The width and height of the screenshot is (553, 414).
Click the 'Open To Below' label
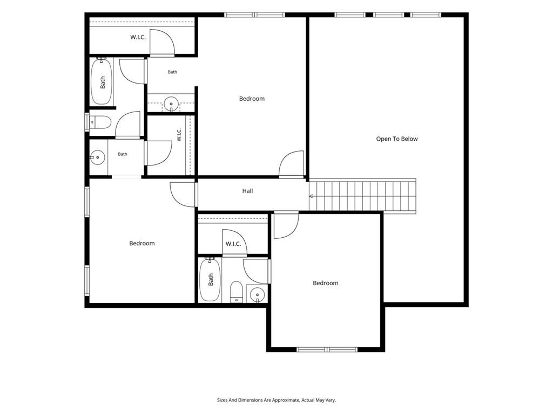tap(397, 139)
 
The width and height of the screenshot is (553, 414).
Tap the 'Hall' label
tap(247, 191)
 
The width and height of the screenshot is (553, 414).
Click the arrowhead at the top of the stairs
tap(311, 196)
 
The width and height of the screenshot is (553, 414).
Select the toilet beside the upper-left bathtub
tap(100, 122)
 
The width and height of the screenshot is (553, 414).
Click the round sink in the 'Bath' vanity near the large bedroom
tap(171, 104)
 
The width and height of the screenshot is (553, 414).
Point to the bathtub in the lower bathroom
tap(210, 280)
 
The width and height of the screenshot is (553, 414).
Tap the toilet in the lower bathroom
tap(237, 292)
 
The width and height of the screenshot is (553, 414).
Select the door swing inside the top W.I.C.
tap(162, 42)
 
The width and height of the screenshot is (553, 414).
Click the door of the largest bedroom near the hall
tap(292, 163)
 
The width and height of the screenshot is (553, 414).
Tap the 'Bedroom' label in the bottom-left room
tap(142, 243)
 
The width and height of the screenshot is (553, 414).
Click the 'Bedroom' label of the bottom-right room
tap(326, 283)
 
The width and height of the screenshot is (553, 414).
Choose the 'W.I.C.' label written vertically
tap(179, 135)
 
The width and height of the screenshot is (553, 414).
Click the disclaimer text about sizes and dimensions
tap(276, 400)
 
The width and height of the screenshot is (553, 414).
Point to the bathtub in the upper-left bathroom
tap(102, 81)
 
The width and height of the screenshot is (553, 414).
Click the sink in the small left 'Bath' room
tap(97, 157)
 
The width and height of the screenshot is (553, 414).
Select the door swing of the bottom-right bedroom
tap(286, 225)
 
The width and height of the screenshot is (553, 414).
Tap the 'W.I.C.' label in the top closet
tap(138, 37)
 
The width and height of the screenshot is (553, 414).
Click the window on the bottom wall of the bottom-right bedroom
tap(327, 349)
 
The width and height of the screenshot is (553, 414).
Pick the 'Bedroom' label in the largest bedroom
tap(252, 99)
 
